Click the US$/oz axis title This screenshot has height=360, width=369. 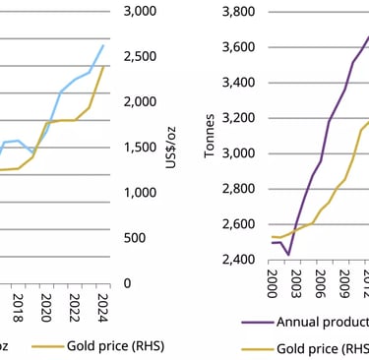(x=174, y=148)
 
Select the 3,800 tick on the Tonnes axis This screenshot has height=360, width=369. (x=241, y=12)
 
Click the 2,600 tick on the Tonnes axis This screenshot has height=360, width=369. (x=241, y=224)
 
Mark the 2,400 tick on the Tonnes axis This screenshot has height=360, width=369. (x=241, y=260)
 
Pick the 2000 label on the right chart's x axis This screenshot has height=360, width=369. (x=273, y=281)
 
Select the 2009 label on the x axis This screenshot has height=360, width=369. (x=344, y=281)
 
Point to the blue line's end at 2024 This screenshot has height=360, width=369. (x=102, y=45)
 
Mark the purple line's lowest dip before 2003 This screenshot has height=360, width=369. (x=288, y=255)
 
